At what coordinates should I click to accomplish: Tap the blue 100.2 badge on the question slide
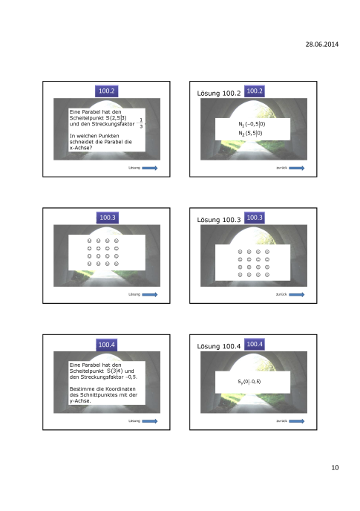pyautogui.click(x=106, y=91)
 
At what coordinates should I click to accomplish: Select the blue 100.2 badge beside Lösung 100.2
pyautogui.click(x=255, y=91)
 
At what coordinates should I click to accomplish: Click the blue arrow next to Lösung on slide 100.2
pyautogui.click(x=150, y=169)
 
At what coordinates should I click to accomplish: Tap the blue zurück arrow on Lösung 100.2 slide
pyautogui.click(x=296, y=169)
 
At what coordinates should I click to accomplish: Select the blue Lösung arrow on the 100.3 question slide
pyautogui.click(x=150, y=295)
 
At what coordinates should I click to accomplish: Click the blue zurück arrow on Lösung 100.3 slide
pyautogui.click(x=296, y=295)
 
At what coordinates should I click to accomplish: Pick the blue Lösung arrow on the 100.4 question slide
pyautogui.click(x=150, y=421)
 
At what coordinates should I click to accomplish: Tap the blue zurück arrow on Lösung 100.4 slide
pyautogui.click(x=296, y=421)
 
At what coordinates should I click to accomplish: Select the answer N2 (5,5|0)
pyautogui.click(x=249, y=133)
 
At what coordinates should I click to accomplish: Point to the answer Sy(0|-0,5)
pyautogui.click(x=249, y=382)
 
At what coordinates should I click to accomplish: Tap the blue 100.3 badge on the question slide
pyautogui.click(x=106, y=218)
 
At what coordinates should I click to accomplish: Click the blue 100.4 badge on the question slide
pyautogui.click(x=106, y=344)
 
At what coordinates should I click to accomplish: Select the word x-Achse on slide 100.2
pyautogui.click(x=80, y=149)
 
